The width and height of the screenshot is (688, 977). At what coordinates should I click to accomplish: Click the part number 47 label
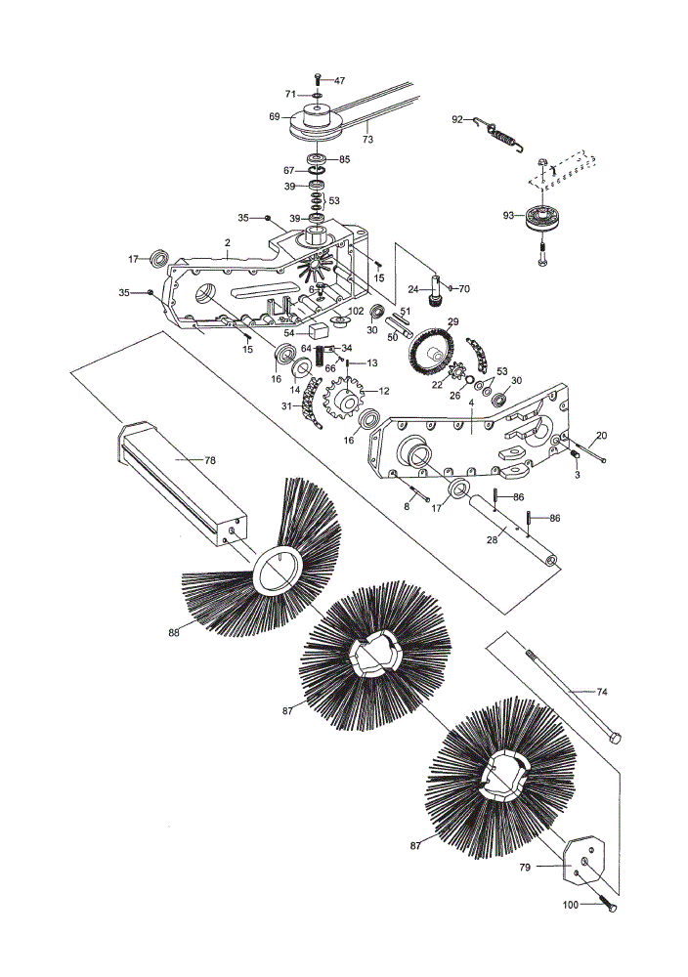[340, 80]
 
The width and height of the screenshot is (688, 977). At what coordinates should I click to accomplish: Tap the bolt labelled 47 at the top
[318, 79]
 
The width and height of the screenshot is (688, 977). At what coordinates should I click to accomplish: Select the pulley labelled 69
[317, 122]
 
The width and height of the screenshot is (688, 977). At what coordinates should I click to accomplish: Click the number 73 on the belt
[367, 140]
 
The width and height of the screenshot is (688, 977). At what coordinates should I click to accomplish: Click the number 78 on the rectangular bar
[210, 460]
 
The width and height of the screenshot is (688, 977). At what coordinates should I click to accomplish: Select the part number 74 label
[601, 691]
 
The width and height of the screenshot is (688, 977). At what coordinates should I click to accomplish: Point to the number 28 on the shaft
[493, 539]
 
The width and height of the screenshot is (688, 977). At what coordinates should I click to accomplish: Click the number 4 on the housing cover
[471, 404]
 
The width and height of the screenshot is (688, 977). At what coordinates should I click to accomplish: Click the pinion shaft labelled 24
[433, 288]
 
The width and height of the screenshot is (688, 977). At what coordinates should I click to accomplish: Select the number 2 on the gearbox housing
[228, 242]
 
